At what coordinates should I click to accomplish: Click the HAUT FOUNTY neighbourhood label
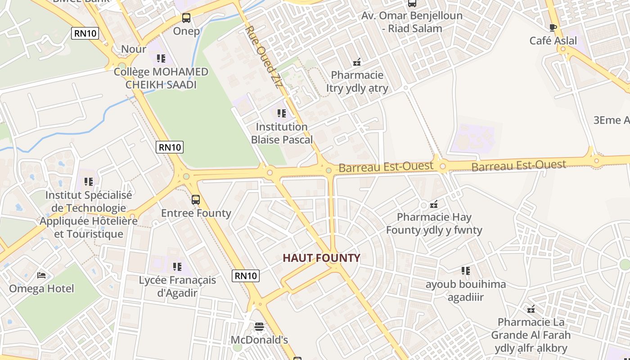321,258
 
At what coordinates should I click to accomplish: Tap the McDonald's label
259,340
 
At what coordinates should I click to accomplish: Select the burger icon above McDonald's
259,326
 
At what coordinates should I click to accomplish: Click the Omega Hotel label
41,288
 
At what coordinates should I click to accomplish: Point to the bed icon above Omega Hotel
41,275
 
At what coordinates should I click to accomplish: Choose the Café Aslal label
553,40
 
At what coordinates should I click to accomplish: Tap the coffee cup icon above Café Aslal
553,28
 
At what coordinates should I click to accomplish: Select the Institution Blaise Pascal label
282,133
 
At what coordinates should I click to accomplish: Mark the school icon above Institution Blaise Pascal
282,113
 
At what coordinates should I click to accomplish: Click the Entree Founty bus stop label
196,213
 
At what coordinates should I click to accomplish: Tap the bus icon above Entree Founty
196,199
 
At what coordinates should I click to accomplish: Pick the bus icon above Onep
186,18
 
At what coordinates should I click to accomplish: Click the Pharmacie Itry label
357,81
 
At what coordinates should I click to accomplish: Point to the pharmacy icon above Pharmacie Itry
357,62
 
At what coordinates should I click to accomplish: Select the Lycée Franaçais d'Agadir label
177,287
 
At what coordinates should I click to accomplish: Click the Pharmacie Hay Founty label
434,224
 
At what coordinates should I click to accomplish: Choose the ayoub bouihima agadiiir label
466,291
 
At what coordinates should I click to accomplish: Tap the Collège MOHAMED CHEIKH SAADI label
161,78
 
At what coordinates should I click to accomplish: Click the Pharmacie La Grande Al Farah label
531,335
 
